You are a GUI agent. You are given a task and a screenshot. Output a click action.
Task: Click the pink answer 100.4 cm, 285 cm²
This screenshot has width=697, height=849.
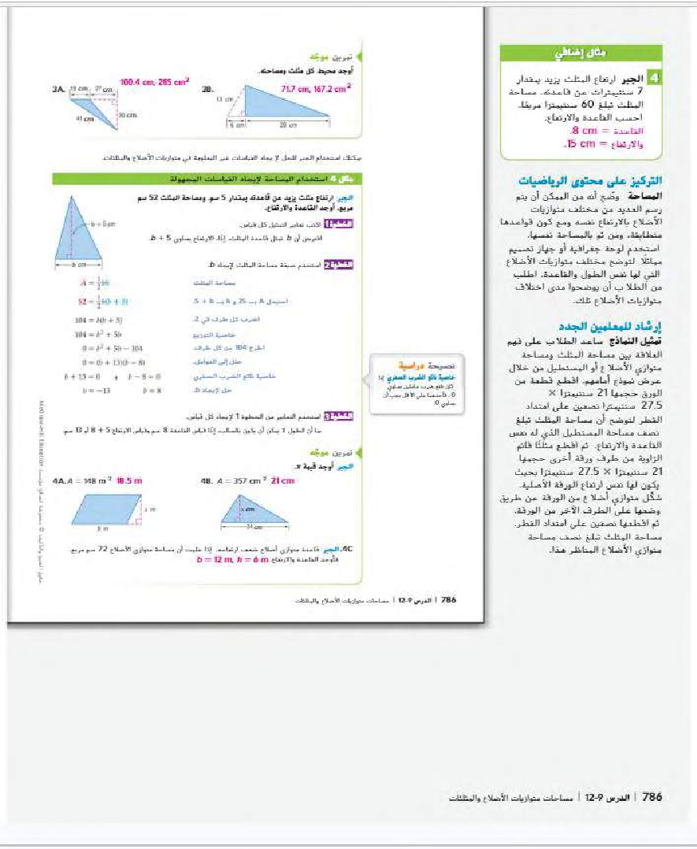154,81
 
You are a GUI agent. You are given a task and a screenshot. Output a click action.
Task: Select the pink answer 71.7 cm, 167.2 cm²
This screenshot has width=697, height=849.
316,91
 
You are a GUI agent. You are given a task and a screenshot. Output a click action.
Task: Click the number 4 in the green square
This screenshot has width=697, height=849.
652,79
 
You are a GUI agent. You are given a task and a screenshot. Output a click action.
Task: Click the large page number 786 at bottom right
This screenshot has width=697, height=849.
652,797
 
